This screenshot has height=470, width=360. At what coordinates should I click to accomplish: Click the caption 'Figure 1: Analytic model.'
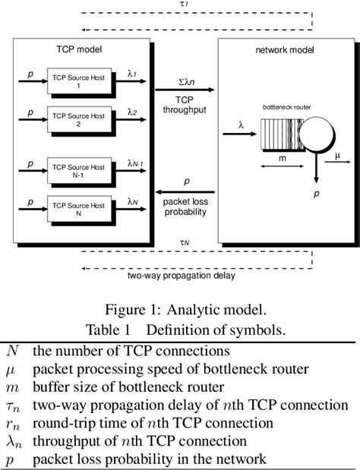coord(179,311)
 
